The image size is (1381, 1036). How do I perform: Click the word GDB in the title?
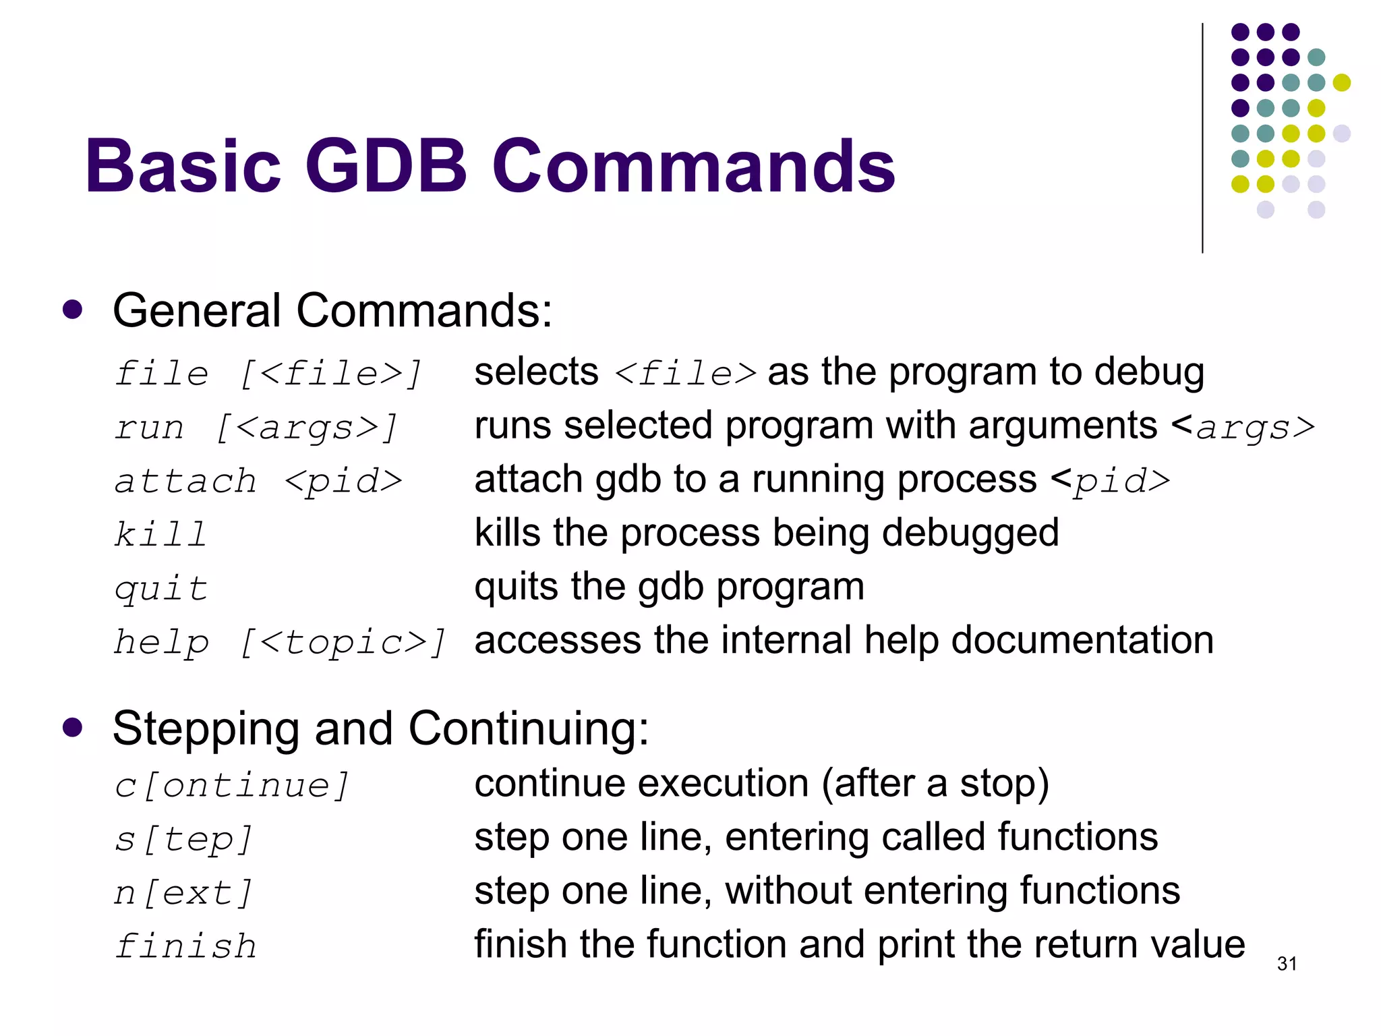[x=386, y=166]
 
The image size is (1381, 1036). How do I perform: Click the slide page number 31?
[x=1287, y=964]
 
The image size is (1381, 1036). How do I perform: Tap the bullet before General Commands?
[x=72, y=310]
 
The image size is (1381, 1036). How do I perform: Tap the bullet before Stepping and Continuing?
[x=72, y=728]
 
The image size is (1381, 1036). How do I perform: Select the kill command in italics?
[x=160, y=534]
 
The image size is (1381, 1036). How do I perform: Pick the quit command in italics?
[x=160, y=588]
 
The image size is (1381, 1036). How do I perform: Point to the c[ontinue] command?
[x=231, y=785]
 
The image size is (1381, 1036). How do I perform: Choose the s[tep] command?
[x=183, y=839]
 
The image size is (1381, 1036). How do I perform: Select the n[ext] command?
[x=183, y=893]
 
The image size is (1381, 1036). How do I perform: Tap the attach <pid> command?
[x=258, y=481]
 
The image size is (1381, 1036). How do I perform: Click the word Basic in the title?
[x=182, y=166]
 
